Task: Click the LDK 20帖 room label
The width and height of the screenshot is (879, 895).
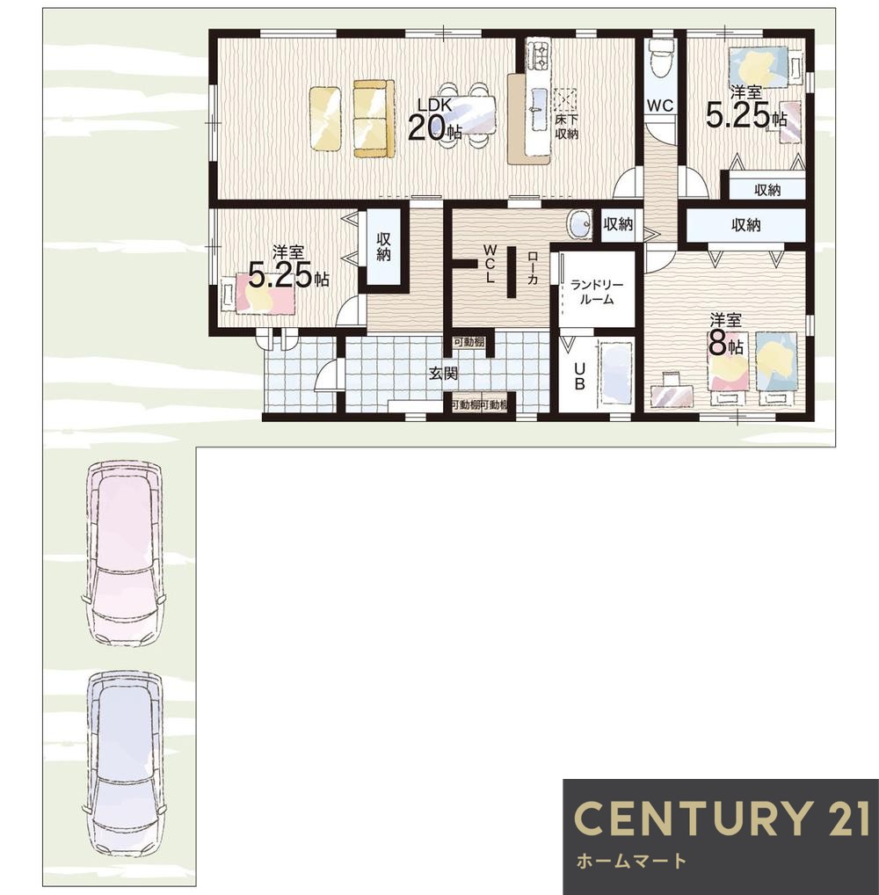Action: tap(435, 120)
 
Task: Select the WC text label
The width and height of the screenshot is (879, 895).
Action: tap(660, 106)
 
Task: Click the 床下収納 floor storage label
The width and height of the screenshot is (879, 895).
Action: tap(567, 127)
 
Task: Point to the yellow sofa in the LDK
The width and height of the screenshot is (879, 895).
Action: tap(374, 118)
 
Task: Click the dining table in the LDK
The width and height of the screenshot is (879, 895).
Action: tap(467, 114)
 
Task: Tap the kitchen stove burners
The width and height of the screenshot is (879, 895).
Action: tap(537, 55)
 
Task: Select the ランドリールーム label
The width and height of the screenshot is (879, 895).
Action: tap(597, 292)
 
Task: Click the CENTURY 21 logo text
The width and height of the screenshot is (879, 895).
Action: tap(722, 818)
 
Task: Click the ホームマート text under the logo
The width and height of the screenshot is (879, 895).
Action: tap(631, 860)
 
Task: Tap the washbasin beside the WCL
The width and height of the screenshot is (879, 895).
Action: tap(580, 224)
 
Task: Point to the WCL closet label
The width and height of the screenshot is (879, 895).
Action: tap(490, 264)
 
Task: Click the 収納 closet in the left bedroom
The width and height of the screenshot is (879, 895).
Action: tap(384, 246)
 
